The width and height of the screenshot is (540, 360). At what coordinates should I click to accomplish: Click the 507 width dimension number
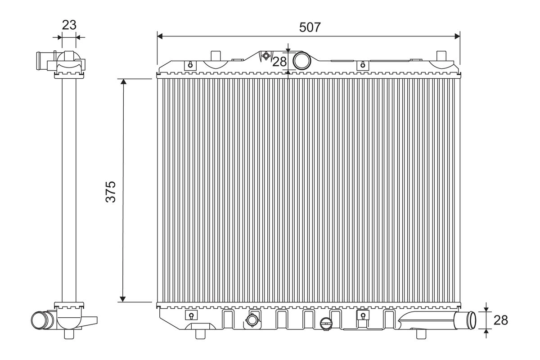[310, 27]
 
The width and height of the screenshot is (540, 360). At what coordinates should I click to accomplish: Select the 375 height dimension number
[111, 192]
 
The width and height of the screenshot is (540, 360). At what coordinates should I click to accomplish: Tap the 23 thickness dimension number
[69, 25]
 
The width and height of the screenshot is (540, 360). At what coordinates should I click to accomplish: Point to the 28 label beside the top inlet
[279, 62]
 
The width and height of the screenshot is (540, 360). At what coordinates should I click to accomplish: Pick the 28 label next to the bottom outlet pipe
[501, 320]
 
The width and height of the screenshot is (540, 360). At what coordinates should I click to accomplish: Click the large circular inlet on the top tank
[301, 60]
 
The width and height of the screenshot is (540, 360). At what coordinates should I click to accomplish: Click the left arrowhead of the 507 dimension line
[160, 36]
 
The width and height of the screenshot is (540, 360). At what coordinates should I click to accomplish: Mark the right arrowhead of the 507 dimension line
[457, 36]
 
